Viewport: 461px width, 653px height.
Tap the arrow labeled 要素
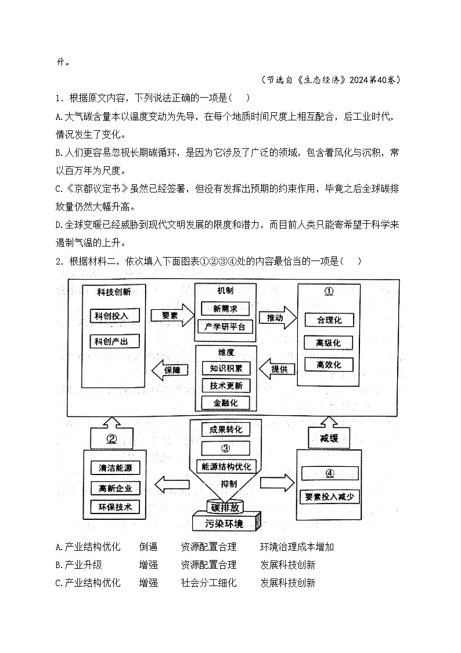pyautogui.click(x=170, y=315)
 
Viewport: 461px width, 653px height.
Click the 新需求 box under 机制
pyautogui.click(x=225, y=308)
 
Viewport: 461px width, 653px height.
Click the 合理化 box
pyautogui.click(x=329, y=320)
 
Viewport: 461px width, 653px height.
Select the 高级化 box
pyautogui.click(x=329, y=342)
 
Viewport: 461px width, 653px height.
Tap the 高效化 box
pyautogui.click(x=329, y=365)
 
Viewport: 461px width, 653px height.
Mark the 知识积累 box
pyautogui.click(x=226, y=368)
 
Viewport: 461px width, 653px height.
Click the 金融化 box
pyautogui.click(x=226, y=402)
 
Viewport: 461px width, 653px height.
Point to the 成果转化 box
pyautogui.click(x=226, y=430)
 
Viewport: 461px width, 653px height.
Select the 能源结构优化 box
pyautogui.click(x=226, y=466)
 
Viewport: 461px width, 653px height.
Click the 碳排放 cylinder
pyautogui.click(x=225, y=506)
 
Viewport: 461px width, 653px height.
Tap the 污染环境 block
pyautogui.click(x=225, y=523)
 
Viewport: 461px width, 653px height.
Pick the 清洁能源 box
pyautogui.click(x=116, y=468)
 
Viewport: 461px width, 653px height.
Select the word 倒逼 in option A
pyautogui.click(x=148, y=547)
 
